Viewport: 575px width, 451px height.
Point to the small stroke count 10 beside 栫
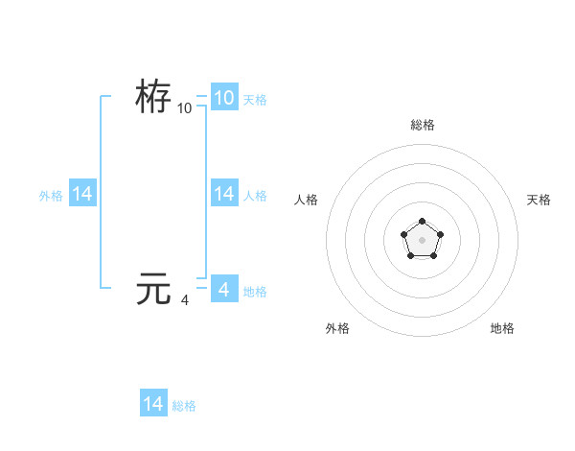pyautogui.click(x=185, y=108)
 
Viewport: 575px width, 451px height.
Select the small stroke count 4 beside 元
pyautogui.click(x=185, y=300)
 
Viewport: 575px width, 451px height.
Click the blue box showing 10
pyautogui.click(x=223, y=98)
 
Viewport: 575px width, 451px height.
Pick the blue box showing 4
pyautogui.click(x=223, y=289)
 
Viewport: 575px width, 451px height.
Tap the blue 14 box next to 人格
pyautogui.click(x=223, y=194)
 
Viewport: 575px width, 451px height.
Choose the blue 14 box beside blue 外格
pyautogui.click(x=82, y=194)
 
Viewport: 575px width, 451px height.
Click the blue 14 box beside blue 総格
pyautogui.click(x=153, y=404)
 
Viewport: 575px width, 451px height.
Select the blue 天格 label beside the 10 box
pyautogui.click(x=255, y=99)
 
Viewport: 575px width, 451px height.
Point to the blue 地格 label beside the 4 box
pyautogui.click(x=255, y=291)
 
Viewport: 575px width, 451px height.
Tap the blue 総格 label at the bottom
pyautogui.click(x=184, y=406)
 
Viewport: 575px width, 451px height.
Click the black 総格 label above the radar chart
pyautogui.click(x=422, y=125)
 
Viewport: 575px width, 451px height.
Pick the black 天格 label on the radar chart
pyautogui.click(x=539, y=200)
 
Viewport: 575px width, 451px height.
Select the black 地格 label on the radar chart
pyautogui.click(x=502, y=328)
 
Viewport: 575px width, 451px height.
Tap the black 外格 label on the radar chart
pyautogui.click(x=337, y=328)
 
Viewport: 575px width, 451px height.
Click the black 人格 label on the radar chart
pyautogui.click(x=307, y=200)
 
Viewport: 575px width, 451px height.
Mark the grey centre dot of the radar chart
pyautogui.click(x=422, y=239)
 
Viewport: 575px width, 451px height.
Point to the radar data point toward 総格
pyautogui.click(x=422, y=222)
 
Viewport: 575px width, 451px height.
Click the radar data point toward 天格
pyautogui.click(x=440, y=233)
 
